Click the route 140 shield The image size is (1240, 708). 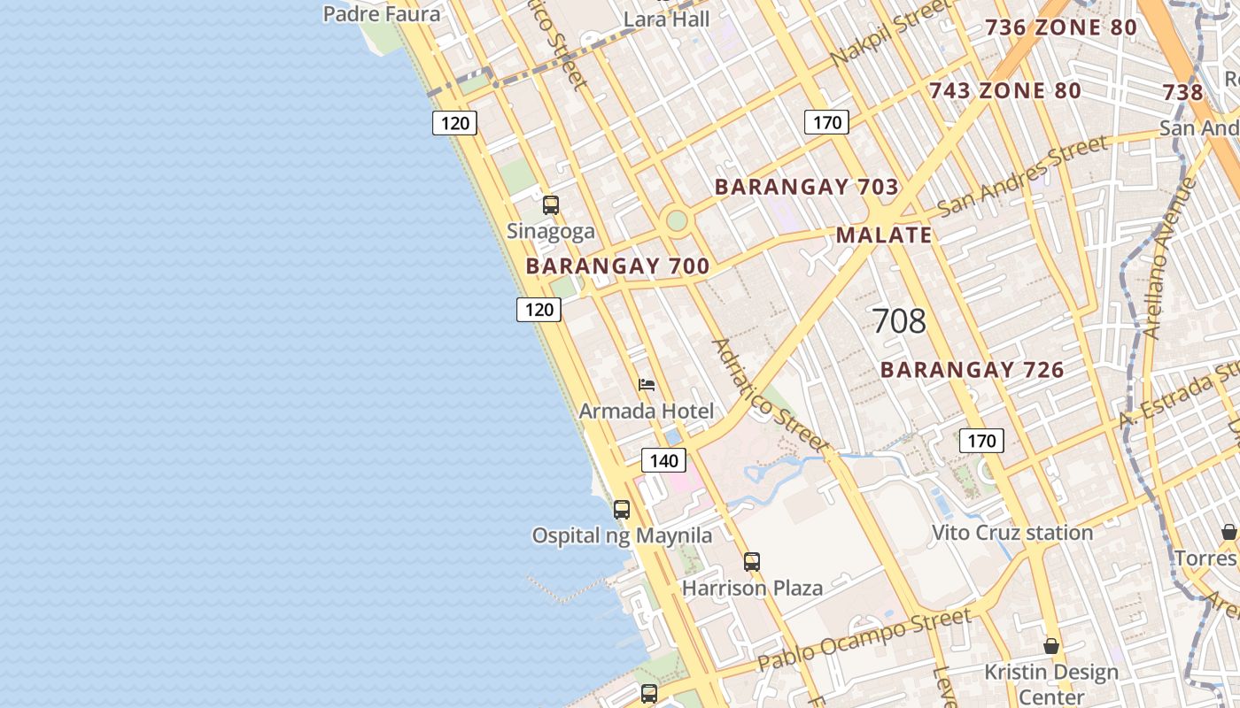coord(663,460)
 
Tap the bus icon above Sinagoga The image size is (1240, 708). coord(551,205)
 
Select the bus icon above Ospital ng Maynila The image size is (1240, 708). coord(622,510)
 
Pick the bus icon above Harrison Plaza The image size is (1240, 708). coord(752,561)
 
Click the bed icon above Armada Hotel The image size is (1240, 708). coord(647,385)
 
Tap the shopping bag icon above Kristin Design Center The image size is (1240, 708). coord(1051,646)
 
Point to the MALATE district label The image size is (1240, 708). coord(884,235)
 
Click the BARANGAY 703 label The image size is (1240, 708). coord(806,188)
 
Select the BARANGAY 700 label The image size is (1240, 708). coord(617,266)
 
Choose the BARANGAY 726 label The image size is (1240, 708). coord(972,370)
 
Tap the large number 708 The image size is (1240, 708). coord(899,321)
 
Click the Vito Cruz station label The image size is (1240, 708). coord(1012,533)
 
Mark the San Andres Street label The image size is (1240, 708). coord(1022,176)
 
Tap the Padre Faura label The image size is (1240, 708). coord(381,14)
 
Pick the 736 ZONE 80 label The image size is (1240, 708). coord(1060,27)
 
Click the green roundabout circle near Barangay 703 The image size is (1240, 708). coord(677,220)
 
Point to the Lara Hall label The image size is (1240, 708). coord(667,19)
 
